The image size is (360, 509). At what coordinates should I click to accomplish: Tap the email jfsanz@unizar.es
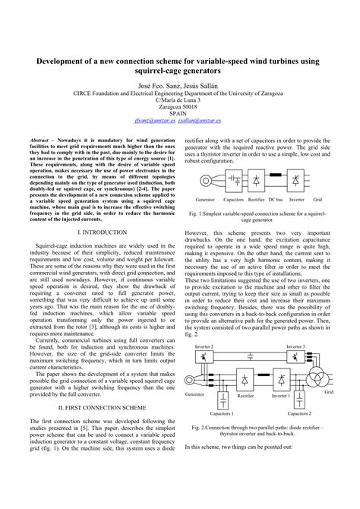154,120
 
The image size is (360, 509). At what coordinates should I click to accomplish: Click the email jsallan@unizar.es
206,120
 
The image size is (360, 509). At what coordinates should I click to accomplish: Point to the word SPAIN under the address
180,112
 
